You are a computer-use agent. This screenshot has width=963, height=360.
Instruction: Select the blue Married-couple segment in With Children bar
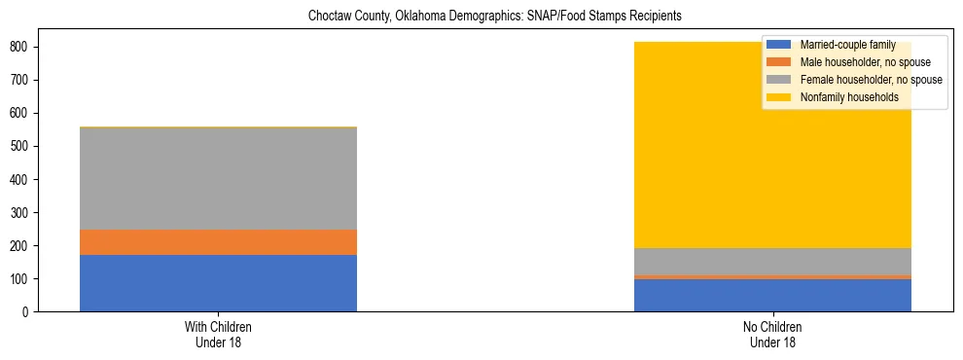coord(218,283)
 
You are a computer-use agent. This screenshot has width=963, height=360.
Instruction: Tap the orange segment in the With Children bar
coord(218,242)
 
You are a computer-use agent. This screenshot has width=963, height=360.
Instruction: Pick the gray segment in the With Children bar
coord(218,178)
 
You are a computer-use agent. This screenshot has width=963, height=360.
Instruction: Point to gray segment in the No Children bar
coord(772,262)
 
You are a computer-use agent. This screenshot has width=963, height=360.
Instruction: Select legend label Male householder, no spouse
coord(865,63)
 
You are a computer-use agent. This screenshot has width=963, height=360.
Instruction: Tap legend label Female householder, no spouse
coord(871,81)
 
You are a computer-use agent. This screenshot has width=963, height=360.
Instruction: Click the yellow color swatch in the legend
coord(779,98)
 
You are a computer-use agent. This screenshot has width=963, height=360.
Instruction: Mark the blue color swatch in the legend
coord(779,46)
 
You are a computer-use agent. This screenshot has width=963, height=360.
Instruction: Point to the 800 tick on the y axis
coord(27,47)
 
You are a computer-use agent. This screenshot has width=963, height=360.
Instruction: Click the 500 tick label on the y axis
coord(27,146)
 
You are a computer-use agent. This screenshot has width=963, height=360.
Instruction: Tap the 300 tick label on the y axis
coord(27,213)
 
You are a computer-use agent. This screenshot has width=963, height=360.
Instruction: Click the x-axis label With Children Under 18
coord(218,335)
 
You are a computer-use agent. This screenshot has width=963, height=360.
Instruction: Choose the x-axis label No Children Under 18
coord(772,335)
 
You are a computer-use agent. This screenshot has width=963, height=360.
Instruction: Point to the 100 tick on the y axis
coord(27,279)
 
